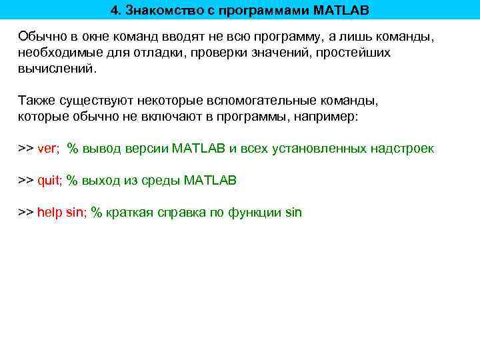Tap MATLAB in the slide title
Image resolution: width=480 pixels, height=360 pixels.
point(340,11)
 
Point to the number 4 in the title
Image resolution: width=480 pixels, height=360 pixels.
point(115,11)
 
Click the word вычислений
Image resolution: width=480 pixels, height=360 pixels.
point(56,68)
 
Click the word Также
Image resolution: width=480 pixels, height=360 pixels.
point(35,101)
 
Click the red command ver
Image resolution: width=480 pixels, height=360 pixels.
point(47,149)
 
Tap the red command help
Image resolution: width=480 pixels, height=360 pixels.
point(50,213)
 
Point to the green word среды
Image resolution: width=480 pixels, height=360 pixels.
point(159,181)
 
